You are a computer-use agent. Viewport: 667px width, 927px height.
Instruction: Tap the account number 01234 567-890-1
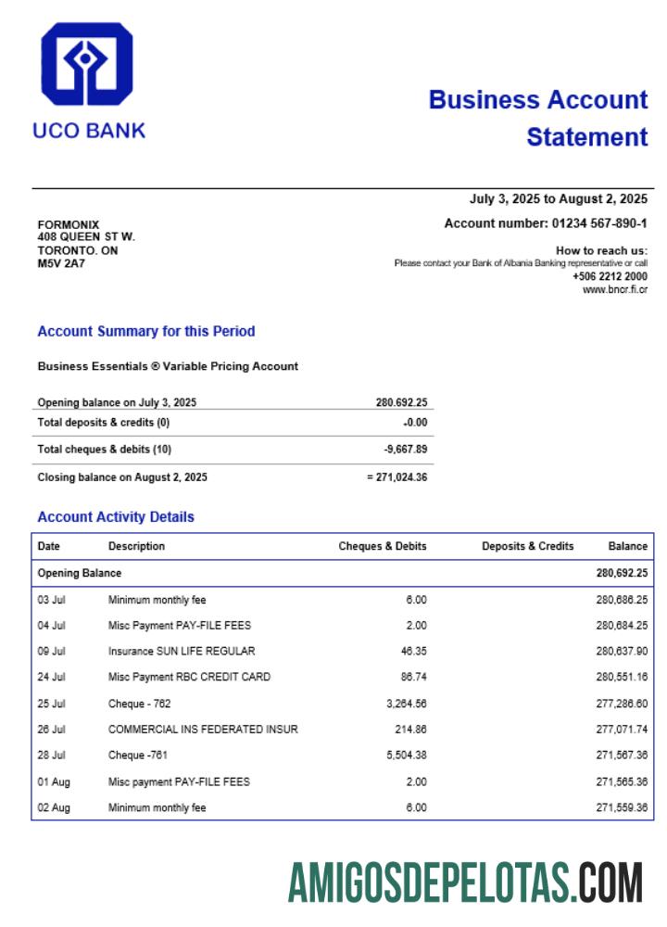(599, 223)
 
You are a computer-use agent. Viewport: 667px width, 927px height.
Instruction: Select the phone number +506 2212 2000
(610, 276)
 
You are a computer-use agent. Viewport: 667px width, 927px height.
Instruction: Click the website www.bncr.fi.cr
(615, 289)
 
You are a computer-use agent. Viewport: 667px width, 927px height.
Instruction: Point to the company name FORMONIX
(68, 224)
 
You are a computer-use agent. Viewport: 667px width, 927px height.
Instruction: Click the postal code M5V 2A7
(61, 263)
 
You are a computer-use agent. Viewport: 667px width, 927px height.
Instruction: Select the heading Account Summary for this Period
(145, 331)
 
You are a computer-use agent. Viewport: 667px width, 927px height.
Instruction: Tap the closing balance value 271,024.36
(401, 477)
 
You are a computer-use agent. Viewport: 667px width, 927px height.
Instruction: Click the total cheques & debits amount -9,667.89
(406, 450)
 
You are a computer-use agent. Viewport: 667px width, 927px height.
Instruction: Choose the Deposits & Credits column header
(527, 546)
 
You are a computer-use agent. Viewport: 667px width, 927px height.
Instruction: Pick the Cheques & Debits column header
(383, 546)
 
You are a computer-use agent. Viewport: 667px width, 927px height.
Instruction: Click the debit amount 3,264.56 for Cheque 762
(404, 704)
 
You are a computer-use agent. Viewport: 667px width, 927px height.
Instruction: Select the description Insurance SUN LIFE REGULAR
(182, 652)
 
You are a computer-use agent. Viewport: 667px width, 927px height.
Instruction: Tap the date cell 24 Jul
(51, 678)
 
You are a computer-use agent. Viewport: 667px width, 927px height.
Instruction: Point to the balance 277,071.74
(622, 730)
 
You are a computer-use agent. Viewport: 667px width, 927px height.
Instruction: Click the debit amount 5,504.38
(404, 756)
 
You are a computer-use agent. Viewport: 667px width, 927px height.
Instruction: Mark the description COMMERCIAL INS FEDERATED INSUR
(203, 730)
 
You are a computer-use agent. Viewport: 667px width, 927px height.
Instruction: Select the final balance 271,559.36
(622, 807)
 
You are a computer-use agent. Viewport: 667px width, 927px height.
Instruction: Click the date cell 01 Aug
(54, 781)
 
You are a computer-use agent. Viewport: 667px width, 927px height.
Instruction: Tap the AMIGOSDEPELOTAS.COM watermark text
(465, 882)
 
